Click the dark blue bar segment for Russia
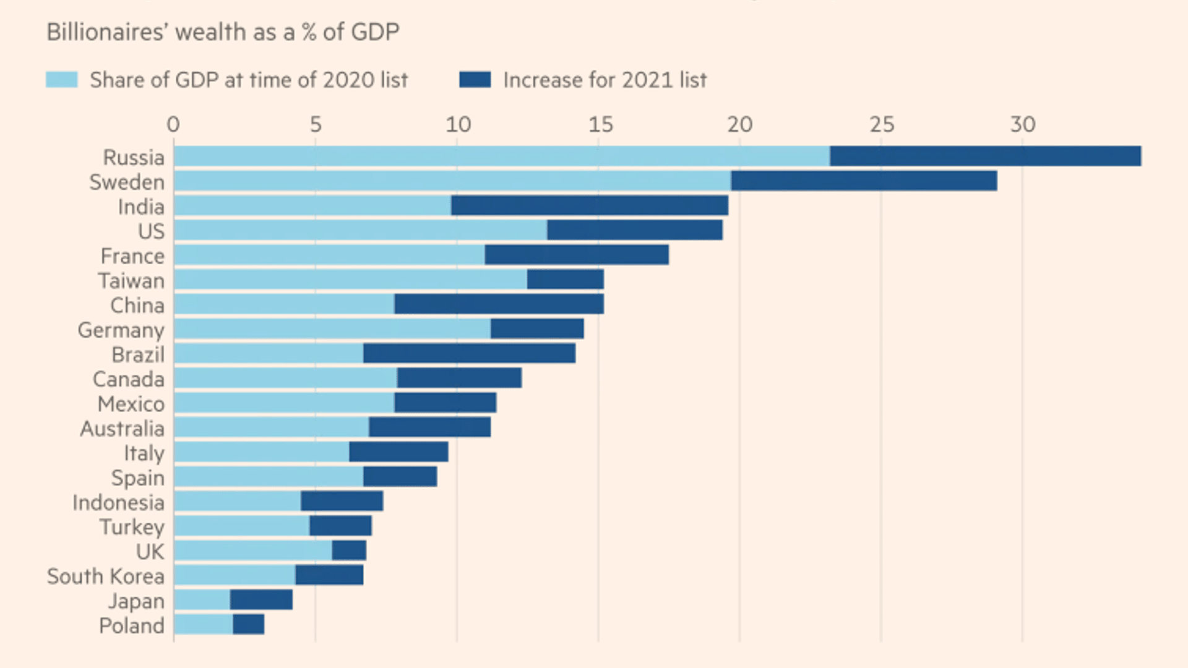[985, 156]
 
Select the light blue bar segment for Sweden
[452, 181]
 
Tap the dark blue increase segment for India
[589, 205]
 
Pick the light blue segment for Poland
[204, 625]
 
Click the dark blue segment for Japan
[261, 600]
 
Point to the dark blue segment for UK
[349, 550]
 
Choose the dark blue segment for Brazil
[469, 354]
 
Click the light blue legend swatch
[62, 80]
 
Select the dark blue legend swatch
[475, 80]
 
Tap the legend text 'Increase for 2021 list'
[605, 80]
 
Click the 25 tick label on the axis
[882, 124]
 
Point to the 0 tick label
[173, 124]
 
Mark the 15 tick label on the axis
[600, 124]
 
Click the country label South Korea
[106, 576]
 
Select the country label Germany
[121, 330]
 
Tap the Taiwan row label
[131, 281]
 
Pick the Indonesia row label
[118, 502]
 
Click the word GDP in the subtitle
[374, 32]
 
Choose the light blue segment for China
[284, 304]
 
